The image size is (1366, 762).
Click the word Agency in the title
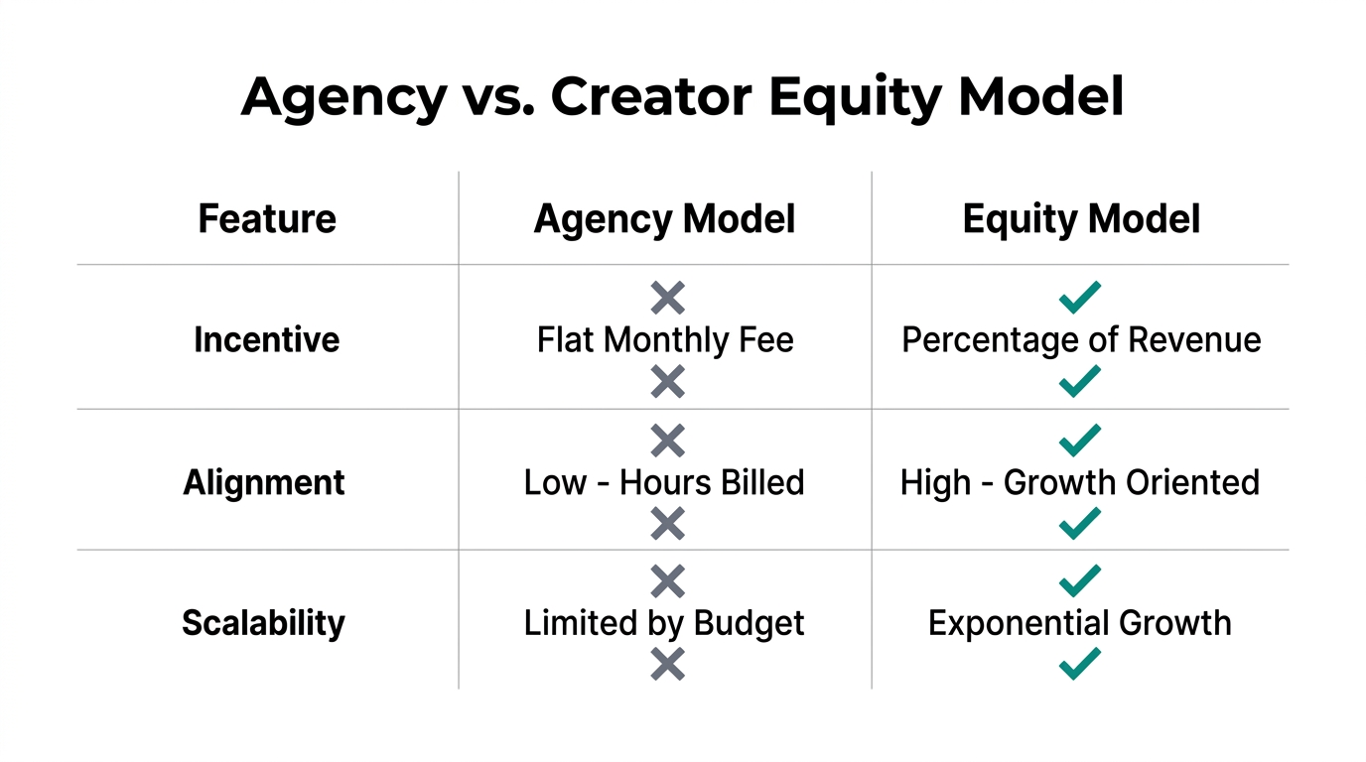tap(343, 97)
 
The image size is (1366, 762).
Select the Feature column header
tap(267, 219)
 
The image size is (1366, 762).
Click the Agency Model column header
tap(664, 219)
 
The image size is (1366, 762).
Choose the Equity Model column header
tap(1081, 219)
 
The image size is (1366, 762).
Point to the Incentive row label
tap(267, 339)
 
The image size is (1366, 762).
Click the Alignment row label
tap(264, 483)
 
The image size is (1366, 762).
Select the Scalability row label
tap(264, 623)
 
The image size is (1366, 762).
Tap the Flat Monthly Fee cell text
tap(665, 340)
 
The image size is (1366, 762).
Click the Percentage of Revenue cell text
tap(1081, 340)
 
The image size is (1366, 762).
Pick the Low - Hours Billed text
tap(664, 483)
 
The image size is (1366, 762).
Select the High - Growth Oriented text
tap(1080, 483)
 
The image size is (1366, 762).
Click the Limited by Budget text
tap(664, 623)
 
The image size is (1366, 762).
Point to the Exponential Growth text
tap(1080, 623)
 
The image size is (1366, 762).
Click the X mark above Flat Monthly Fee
tap(667, 297)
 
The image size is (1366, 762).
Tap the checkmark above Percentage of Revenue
tap(1079, 297)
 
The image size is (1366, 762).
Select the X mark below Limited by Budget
tap(667, 664)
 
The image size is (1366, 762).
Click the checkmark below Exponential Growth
tap(1079, 663)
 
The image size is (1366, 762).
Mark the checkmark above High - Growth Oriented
tap(1079, 440)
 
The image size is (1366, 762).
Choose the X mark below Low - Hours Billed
tap(667, 523)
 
